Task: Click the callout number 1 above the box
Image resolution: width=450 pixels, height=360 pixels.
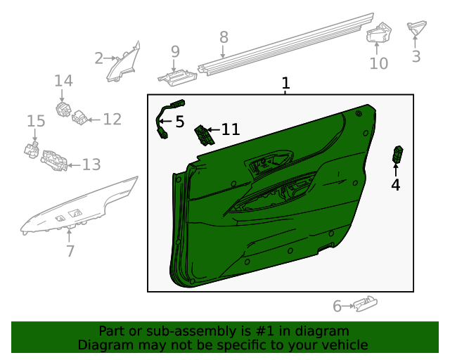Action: [x=285, y=84]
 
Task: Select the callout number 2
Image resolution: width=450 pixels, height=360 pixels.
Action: [x=99, y=58]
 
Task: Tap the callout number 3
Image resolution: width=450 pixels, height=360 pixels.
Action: [x=416, y=56]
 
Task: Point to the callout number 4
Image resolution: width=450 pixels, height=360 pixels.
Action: [x=395, y=185]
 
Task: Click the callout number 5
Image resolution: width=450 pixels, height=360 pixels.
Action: [x=179, y=122]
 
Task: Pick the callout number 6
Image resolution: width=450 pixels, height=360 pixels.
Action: [x=337, y=306]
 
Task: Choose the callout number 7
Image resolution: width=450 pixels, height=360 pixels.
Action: [x=70, y=251]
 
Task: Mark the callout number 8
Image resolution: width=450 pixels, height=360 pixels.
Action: [x=224, y=37]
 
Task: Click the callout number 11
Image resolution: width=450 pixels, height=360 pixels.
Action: [x=230, y=129]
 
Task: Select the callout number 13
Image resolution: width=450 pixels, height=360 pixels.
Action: [x=91, y=165]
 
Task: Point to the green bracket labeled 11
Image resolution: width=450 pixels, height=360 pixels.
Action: [x=205, y=133]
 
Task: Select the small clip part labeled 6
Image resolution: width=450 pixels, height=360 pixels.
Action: [x=364, y=304]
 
